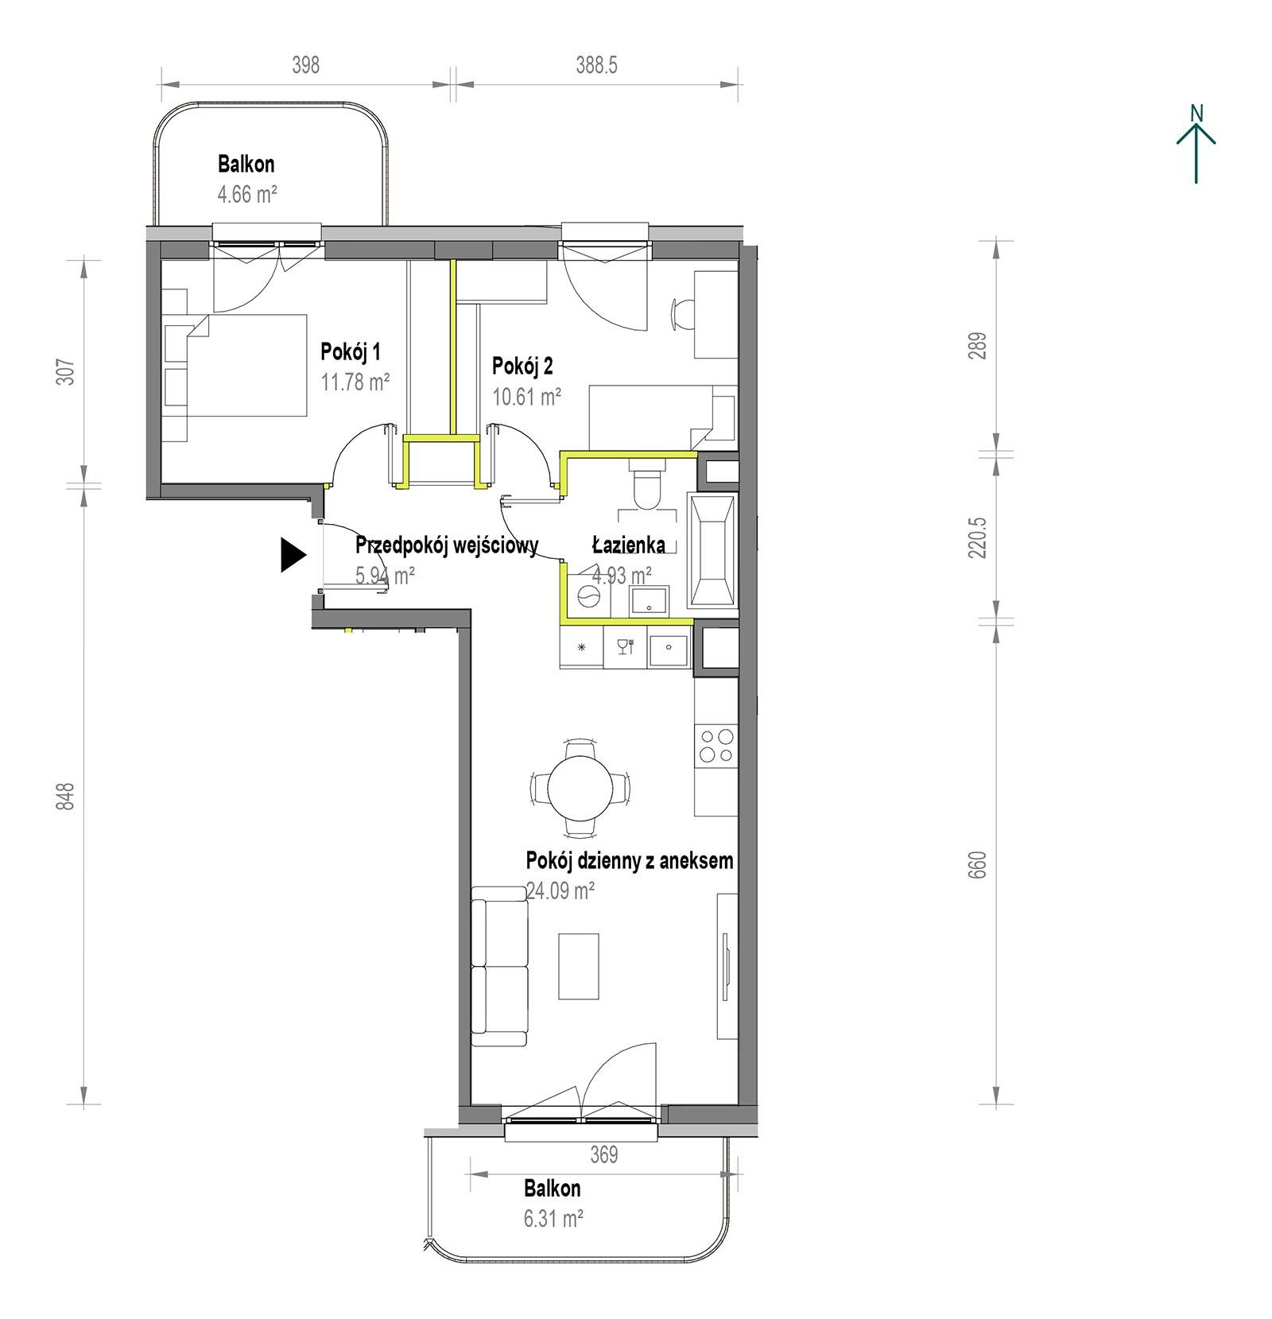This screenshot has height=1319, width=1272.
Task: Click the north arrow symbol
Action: pos(1196,144)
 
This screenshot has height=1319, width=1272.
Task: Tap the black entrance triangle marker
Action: pos(293,555)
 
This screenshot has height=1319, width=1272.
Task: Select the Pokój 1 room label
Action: pos(351,351)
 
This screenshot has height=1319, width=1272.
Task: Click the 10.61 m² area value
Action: pos(527,396)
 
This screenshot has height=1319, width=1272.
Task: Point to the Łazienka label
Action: pos(628,545)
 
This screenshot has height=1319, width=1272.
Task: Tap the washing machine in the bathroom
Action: pos(588,596)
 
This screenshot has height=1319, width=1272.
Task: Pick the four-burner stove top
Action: pos(715,746)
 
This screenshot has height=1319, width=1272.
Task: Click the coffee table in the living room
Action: pos(578,966)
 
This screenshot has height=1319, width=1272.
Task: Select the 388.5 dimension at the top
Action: pos(596,65)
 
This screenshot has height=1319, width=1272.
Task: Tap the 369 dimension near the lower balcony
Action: pos(604,1154)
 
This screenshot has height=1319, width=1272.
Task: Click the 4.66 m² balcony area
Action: pos(247,194)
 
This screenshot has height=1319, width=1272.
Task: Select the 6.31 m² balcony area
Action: pos(554,1218)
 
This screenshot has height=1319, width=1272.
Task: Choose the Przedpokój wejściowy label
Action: pos(447,545)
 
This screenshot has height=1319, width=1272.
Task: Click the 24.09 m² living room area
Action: pos(560,890)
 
